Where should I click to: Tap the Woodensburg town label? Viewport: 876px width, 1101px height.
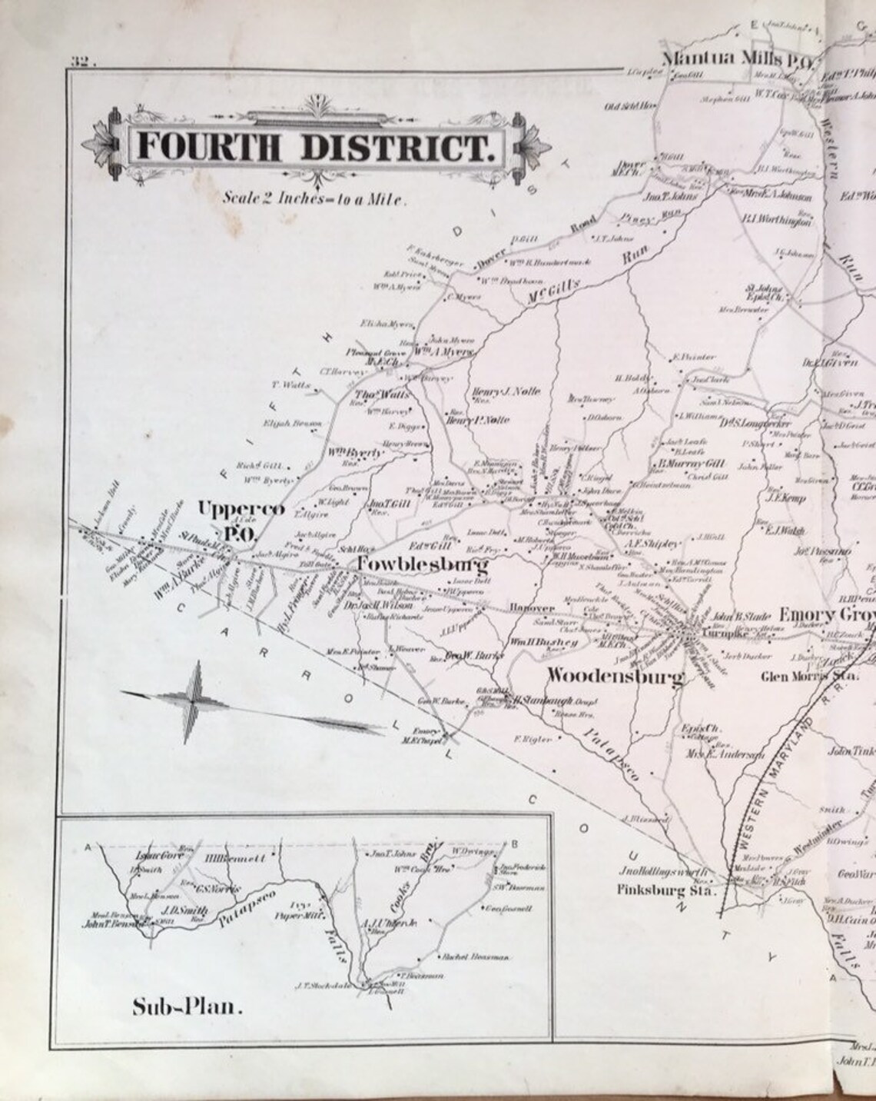(x=615, y=677)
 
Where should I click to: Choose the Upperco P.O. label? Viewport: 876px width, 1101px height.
(x=231, y=520)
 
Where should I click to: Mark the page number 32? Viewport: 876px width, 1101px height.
(x=81, y=62)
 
